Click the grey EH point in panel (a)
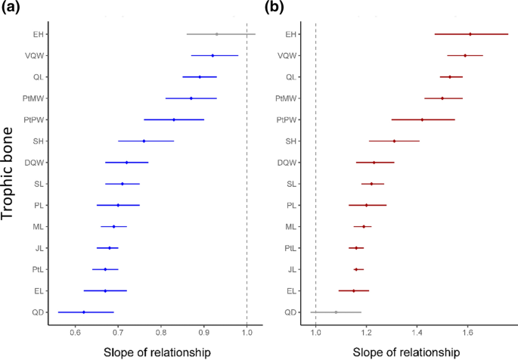point(216,34)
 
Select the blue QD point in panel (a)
point(83,312)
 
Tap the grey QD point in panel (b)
point(336,312)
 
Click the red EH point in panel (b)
point(470,34)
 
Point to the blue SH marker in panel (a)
point(144,141)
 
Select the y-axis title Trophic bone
point(10,172)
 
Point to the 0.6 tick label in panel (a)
point(75,331)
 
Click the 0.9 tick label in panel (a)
point(203,331)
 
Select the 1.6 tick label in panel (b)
point(467,331)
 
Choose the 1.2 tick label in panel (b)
point(366,331)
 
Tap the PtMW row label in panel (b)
point(285,98)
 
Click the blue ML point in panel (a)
point(113,226)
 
